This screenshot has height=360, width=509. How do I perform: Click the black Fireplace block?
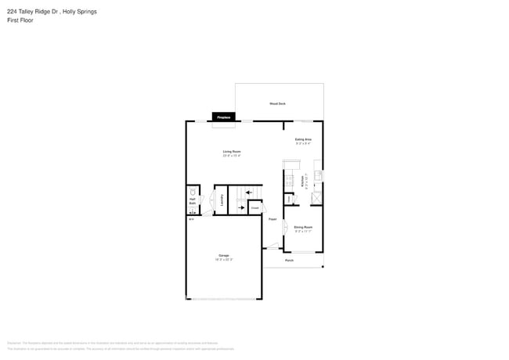pos(223,117)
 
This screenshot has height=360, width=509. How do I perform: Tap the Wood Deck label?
pos(277,103)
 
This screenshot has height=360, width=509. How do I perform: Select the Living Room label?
pos(231,151)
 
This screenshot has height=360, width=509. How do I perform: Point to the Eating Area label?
pos(303,139)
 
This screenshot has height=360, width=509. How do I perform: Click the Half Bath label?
pos(192,201)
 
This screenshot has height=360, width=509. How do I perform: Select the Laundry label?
pos(222,200)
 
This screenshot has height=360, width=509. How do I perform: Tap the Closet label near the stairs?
pos(254,208)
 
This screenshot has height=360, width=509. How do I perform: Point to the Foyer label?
pos(273,219)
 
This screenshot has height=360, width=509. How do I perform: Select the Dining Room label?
pos(303,227)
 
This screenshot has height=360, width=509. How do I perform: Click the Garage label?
pos(223,256)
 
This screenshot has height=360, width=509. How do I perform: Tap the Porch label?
pos(289,260)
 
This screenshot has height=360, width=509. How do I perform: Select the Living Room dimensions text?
pos(231,155)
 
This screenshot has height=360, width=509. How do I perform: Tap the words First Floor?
pos(17,20)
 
